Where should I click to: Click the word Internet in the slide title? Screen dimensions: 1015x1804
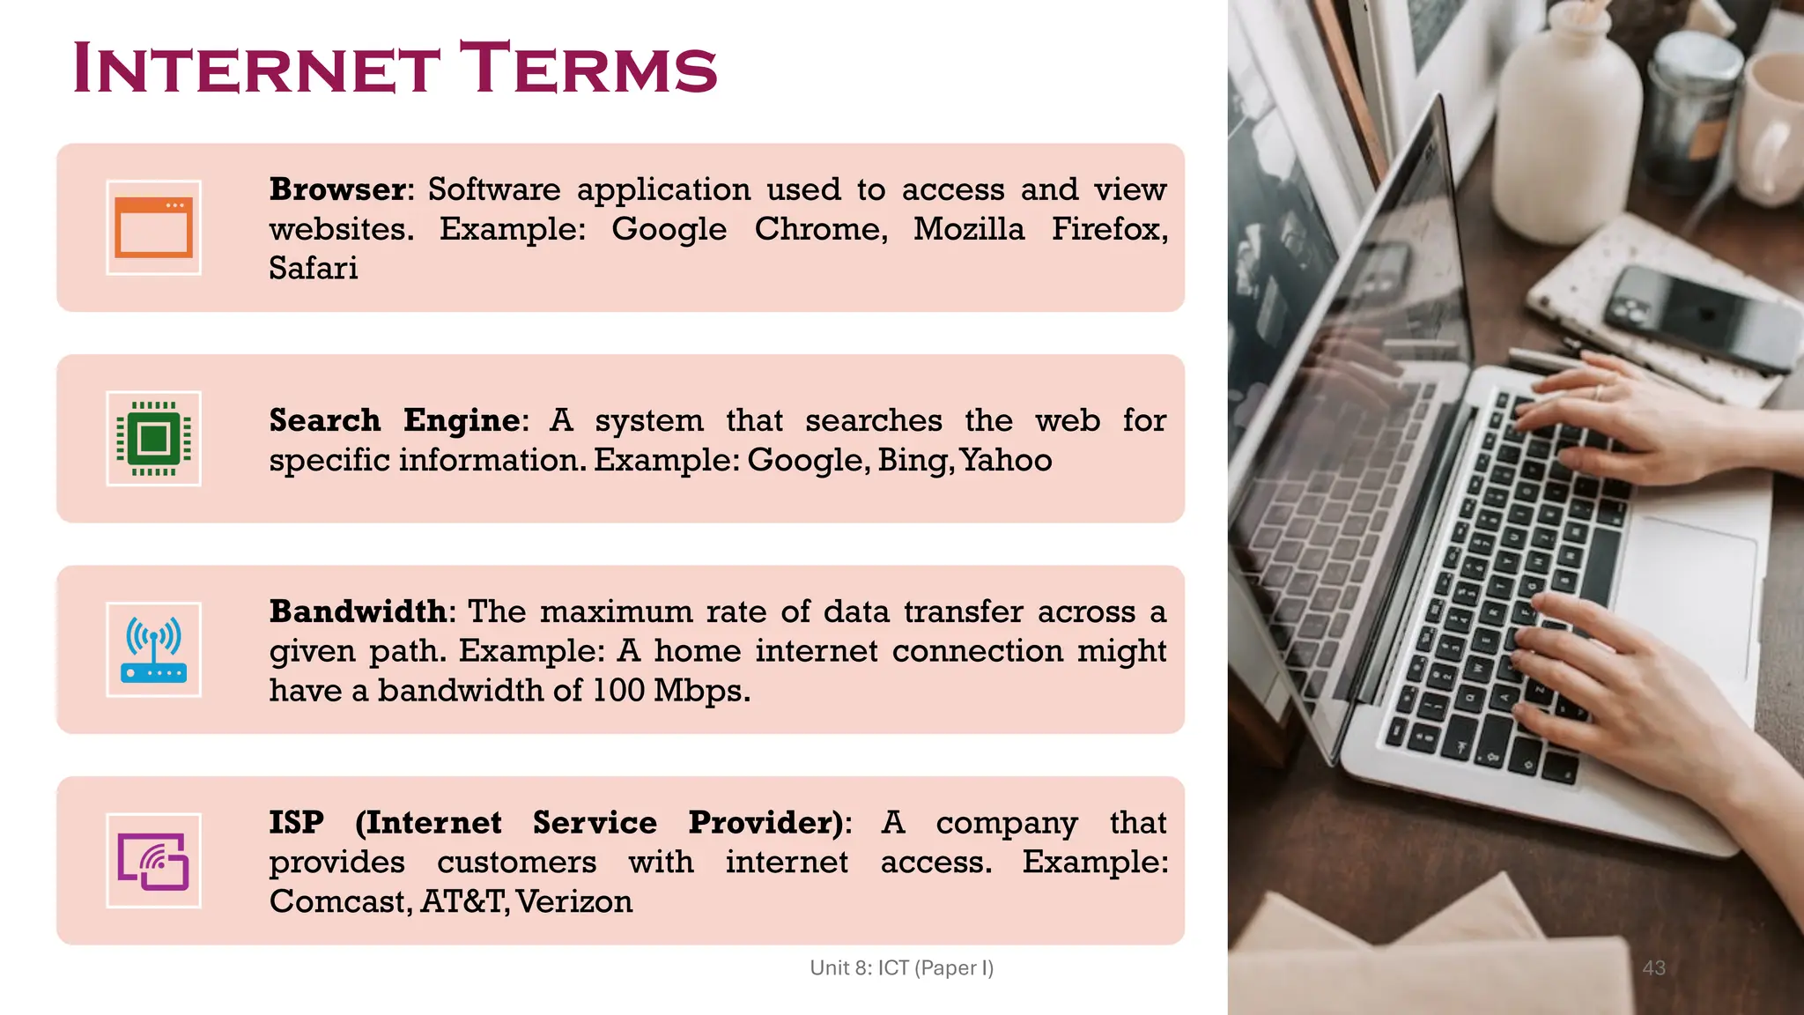[x=256, y=68]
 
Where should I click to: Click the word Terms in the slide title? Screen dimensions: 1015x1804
[x=588, y=68]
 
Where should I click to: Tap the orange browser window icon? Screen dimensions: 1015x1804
[x=153, y=227]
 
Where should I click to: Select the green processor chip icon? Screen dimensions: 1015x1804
[x=153, y=438]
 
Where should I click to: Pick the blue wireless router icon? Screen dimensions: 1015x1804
[x=153, y=649]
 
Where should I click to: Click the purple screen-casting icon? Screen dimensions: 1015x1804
[x=153, y=861]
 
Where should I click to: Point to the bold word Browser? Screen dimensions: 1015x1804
[x=337, y=189]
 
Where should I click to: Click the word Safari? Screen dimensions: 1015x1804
[x=314, y=268]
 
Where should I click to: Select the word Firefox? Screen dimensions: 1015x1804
[x=1109, y=229]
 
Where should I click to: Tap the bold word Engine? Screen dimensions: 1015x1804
[x=462, y=420]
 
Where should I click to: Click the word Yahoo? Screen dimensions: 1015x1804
[x=1006, y=460]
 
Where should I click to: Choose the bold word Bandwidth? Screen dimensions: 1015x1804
[x=358, y=611]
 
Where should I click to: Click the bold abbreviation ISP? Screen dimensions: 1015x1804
[x=296, y=822]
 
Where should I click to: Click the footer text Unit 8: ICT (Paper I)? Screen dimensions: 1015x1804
[x=901, y=967]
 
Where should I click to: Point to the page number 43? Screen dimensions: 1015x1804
[x=1653, y=967]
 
